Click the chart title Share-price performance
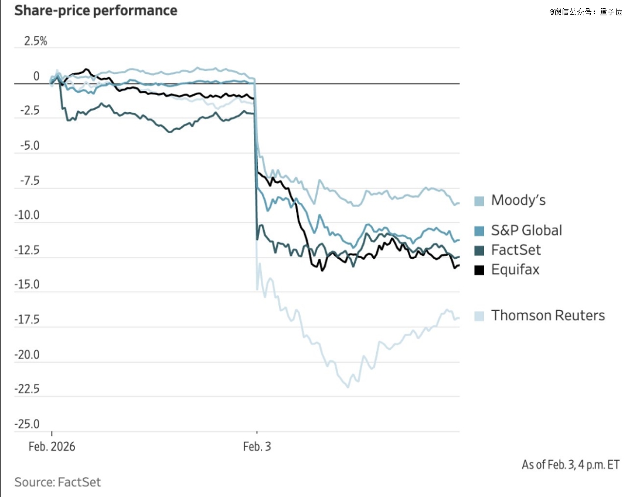pos(96,11)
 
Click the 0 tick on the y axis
pos(36,77)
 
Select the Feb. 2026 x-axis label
pos(52,447)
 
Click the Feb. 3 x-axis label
pos(257,447)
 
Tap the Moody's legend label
pos(518,201)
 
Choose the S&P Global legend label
pos(526,231)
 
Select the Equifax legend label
pos(515,270)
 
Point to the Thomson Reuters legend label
pos(548,316)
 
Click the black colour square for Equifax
pos(479,271)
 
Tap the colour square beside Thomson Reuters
pos(479,316)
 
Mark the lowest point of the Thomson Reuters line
pos(348,387)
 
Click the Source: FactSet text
pos(57,482)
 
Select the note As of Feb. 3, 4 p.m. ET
pos(571,465)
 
